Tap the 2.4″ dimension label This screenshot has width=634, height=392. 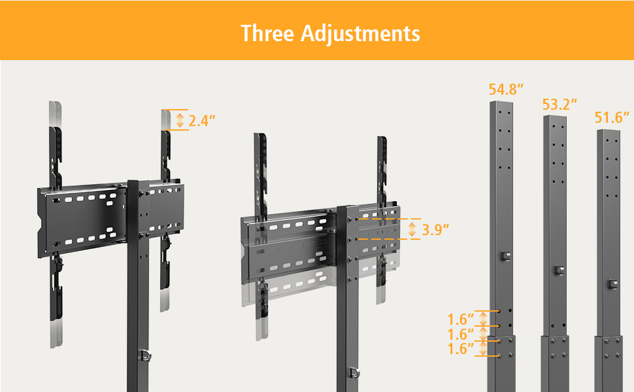[x=202, y=121]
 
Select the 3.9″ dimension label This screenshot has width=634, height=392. [x=435, y=230]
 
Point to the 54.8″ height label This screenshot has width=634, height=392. [x=507, y=90]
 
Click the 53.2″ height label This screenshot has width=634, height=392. [x=560, y=104]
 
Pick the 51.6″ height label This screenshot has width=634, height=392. [x=612, y=118]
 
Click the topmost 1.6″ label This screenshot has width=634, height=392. [x=461, y=319]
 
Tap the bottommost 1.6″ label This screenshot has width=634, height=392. [x=461, y=348]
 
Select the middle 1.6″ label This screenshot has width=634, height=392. [x=461, y=334]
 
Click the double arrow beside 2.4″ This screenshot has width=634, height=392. [x=180, y=120]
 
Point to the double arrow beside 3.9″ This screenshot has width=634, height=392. [x=412, y=230]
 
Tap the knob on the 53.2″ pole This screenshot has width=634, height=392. [x=558, y=270]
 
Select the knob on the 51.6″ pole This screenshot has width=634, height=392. [x=612, y=284]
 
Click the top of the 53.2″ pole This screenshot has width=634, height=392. [x=555, y=118]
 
